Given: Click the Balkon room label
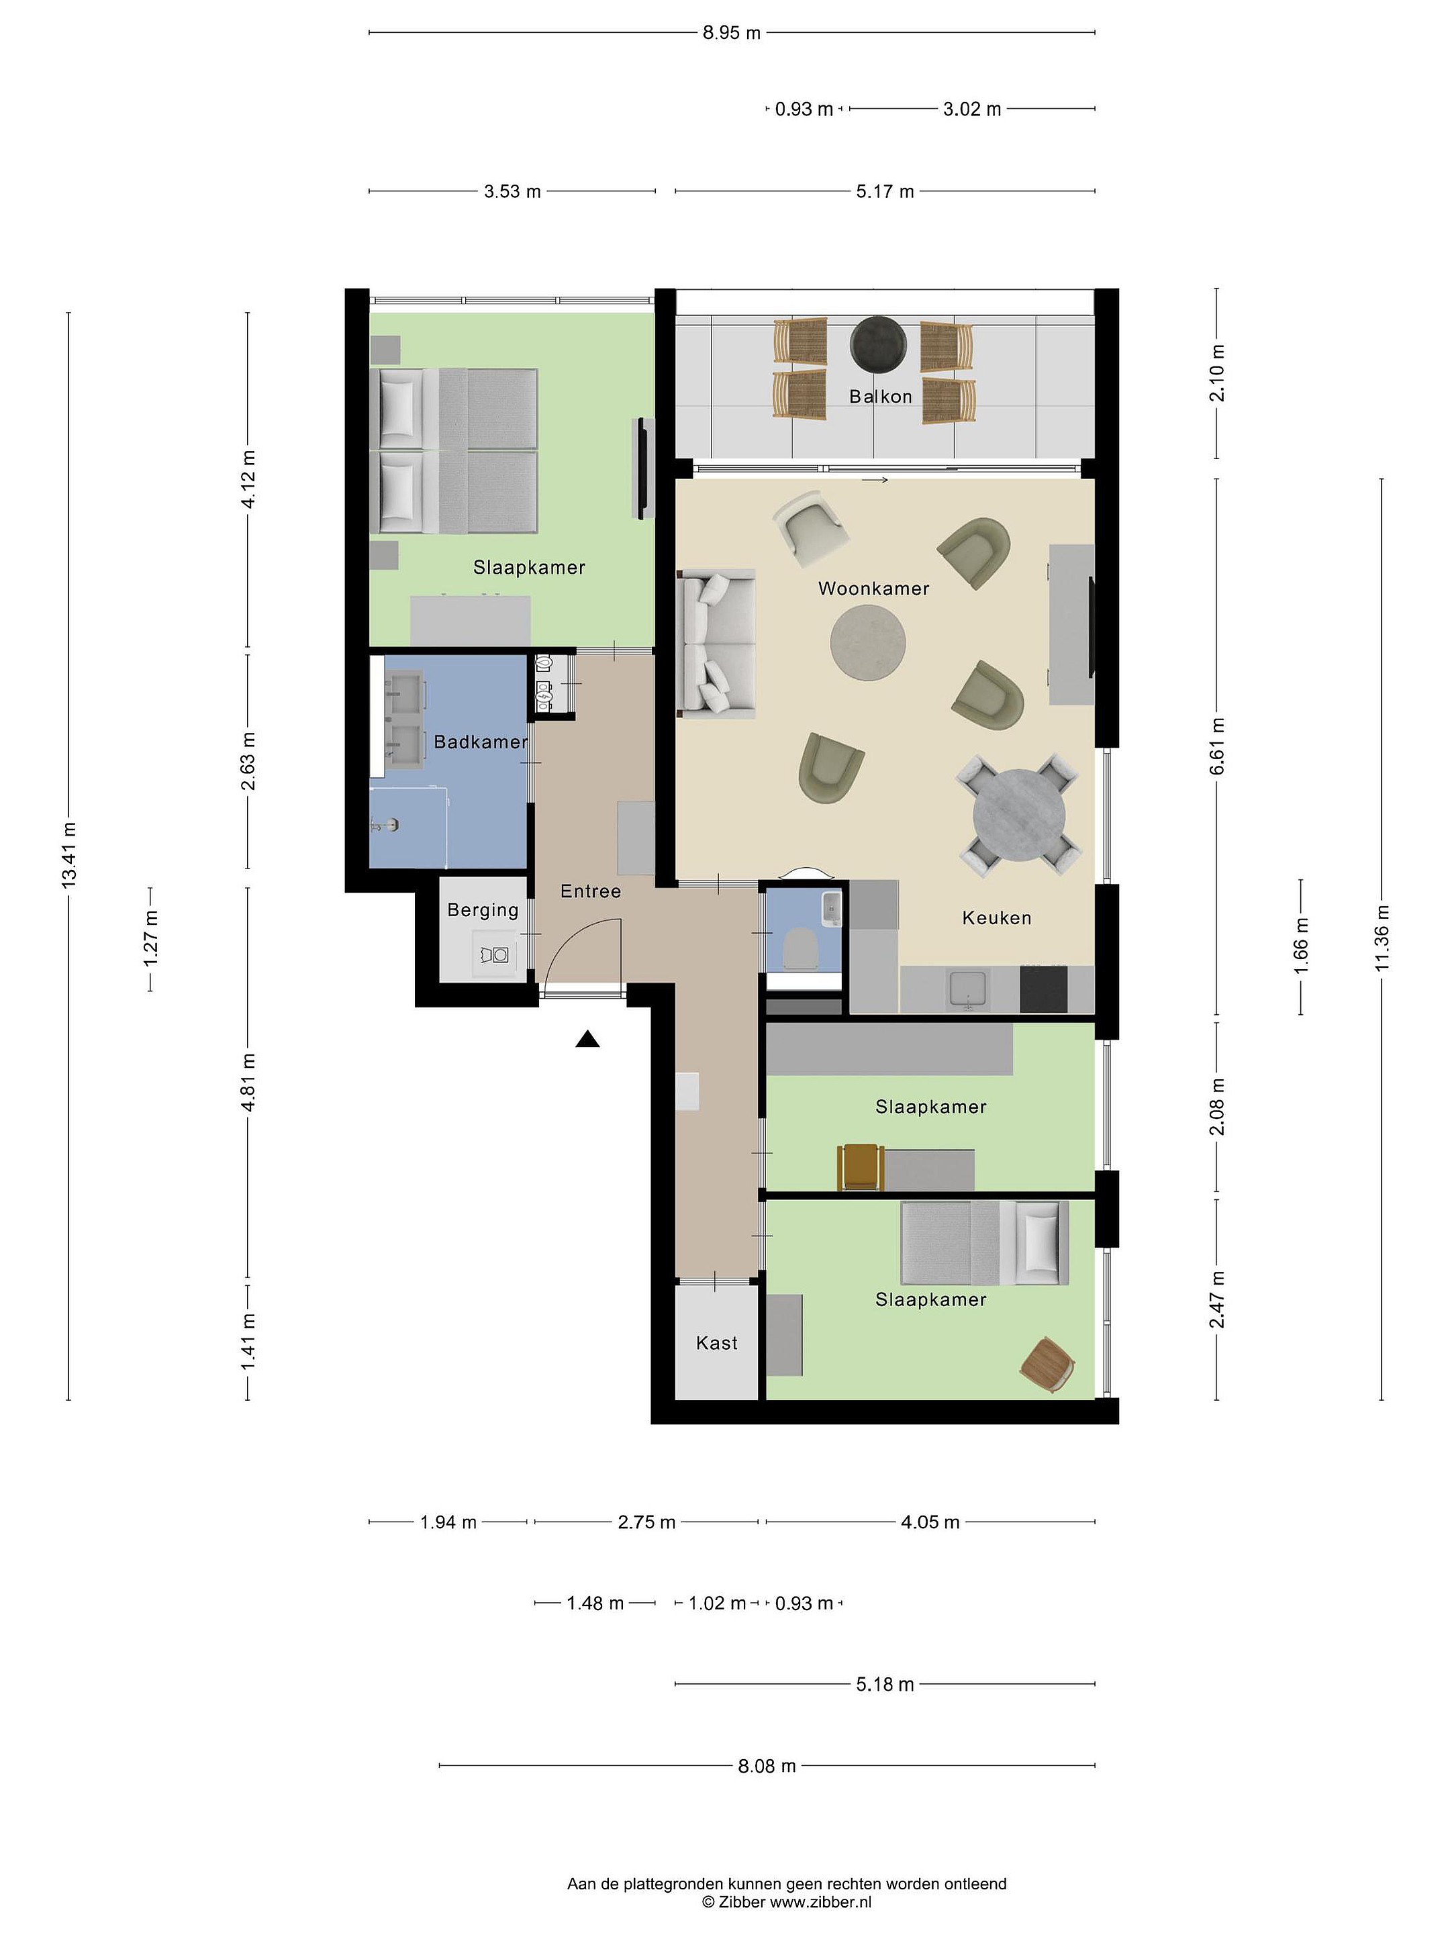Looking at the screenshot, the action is tap(880, 396).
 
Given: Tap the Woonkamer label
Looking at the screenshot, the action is tap(873, 588).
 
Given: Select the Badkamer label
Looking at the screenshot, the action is tap(481, 742).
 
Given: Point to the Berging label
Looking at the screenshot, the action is tap(483, 909).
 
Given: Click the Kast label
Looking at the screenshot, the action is tap(717, 1343).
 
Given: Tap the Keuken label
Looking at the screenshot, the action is tap(996, 918).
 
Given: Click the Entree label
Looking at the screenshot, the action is tap(591, 891).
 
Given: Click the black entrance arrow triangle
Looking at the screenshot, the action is tap(587, 1039).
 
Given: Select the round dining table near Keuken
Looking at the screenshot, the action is tap(1019, 814).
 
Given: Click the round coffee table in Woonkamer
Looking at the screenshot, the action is tap(867, 643).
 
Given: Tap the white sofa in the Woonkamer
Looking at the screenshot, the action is tap(718, 644).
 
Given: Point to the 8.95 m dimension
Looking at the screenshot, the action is tap(732, 33).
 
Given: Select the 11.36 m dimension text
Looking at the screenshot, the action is tap(1382, 938).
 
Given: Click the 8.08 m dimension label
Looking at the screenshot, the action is tap(767, 1766).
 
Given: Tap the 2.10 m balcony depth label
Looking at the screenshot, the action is tap(1216, 373).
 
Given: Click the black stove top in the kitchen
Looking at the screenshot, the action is tap(1044, 989).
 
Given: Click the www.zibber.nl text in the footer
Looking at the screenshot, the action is tap(820, 1901).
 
